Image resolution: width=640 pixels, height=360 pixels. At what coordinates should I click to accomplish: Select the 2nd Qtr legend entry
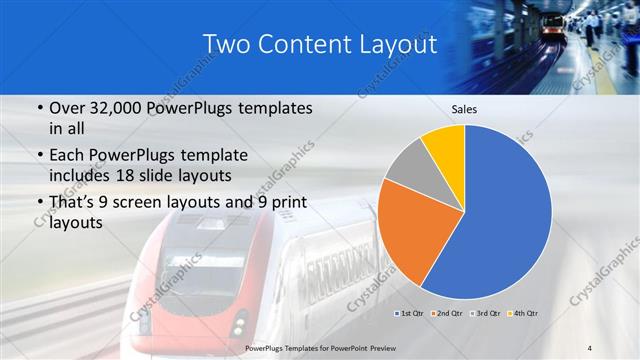(446, 314)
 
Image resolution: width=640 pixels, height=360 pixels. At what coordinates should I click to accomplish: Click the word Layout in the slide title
(397, 45)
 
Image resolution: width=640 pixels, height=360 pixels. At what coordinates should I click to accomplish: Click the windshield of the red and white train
(200, 274)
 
